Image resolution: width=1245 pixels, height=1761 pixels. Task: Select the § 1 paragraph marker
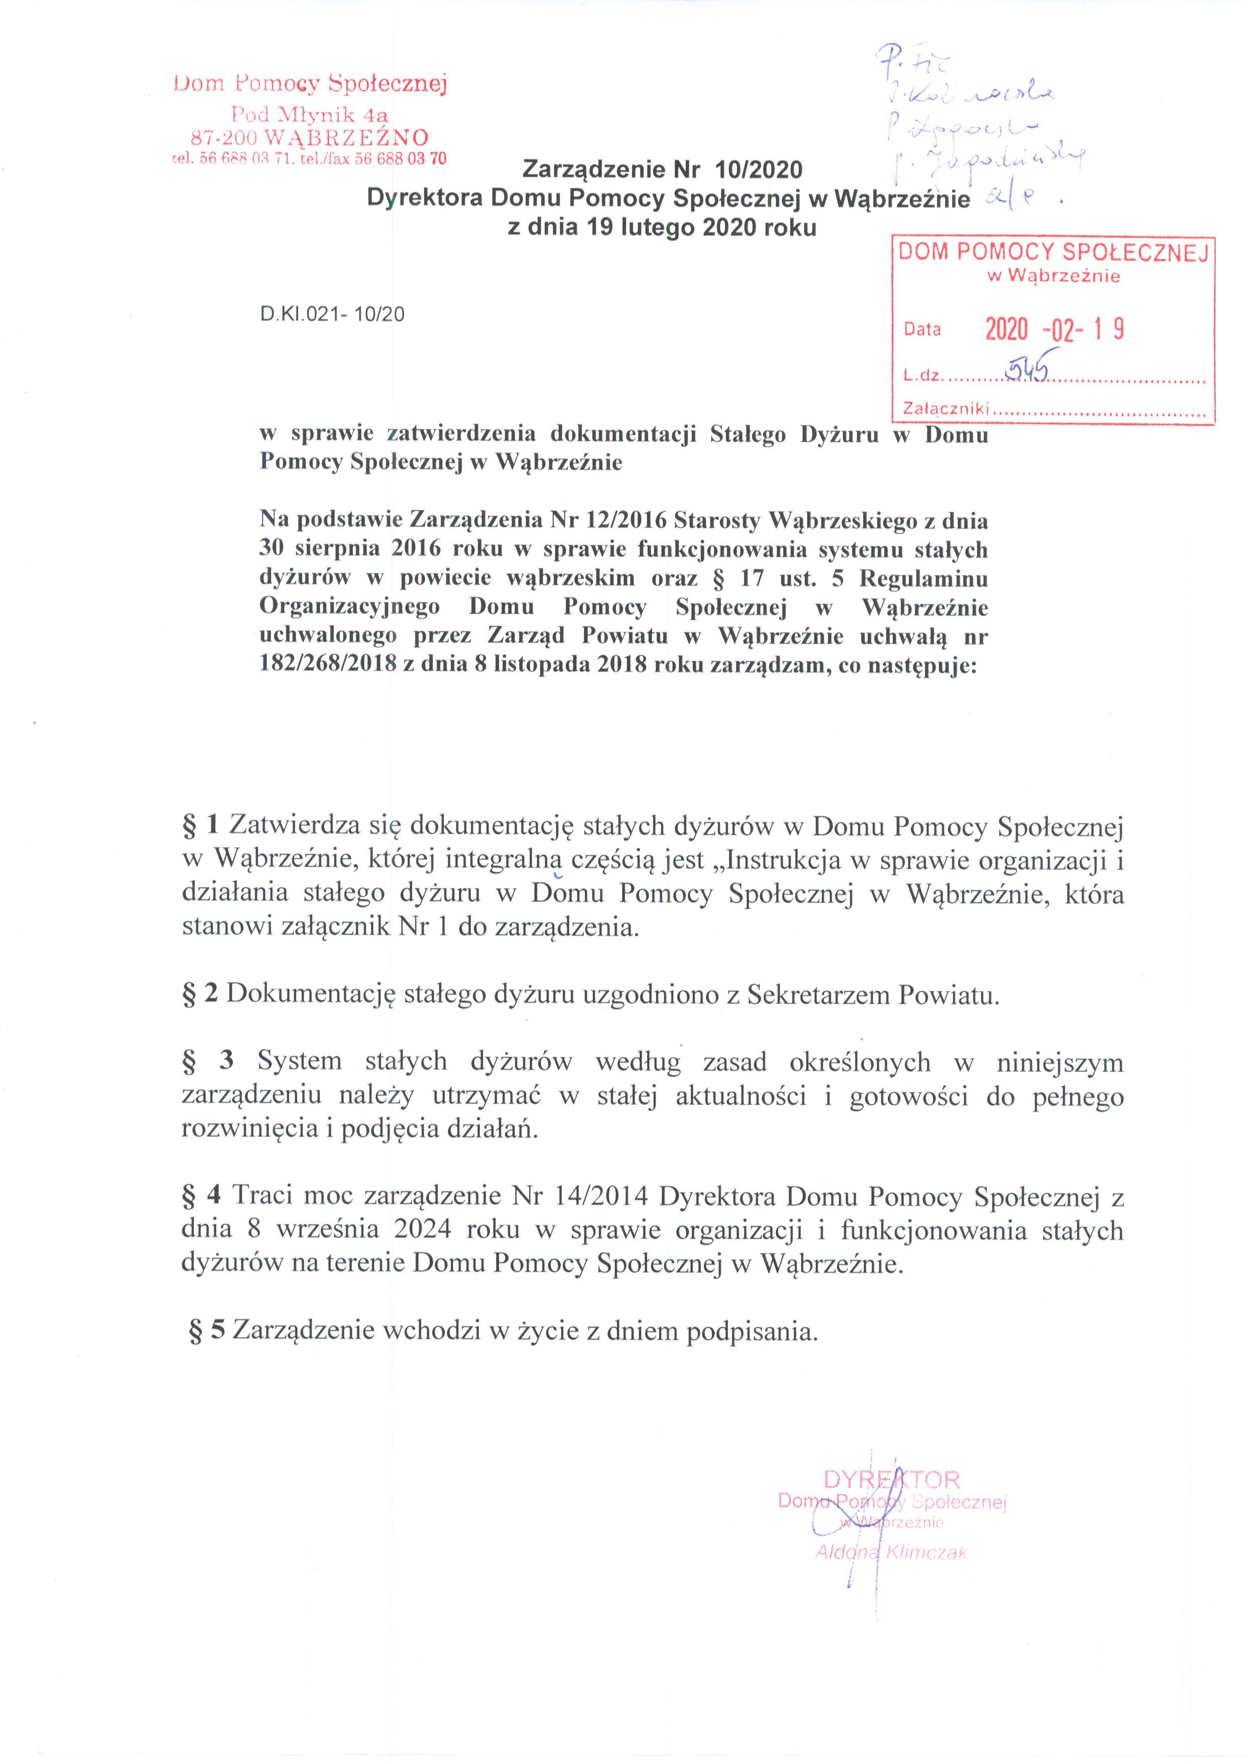click(202, 826)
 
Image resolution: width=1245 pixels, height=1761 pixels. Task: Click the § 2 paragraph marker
click(201, 994)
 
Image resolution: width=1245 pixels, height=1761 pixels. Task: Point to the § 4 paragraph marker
click(202, 1197)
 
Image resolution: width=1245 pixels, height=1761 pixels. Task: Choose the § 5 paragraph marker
click(207, 1331)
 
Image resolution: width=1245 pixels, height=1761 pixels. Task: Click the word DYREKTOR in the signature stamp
click(892, 1479)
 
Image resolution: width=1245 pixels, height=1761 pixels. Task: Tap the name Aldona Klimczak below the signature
click(892, 1553)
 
